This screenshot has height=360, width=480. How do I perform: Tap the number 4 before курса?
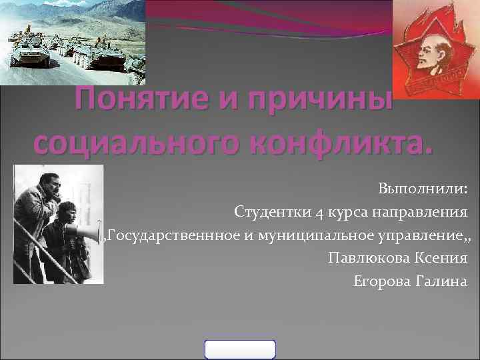point(321,213)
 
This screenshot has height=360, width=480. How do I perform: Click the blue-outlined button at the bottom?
point(240,349)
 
